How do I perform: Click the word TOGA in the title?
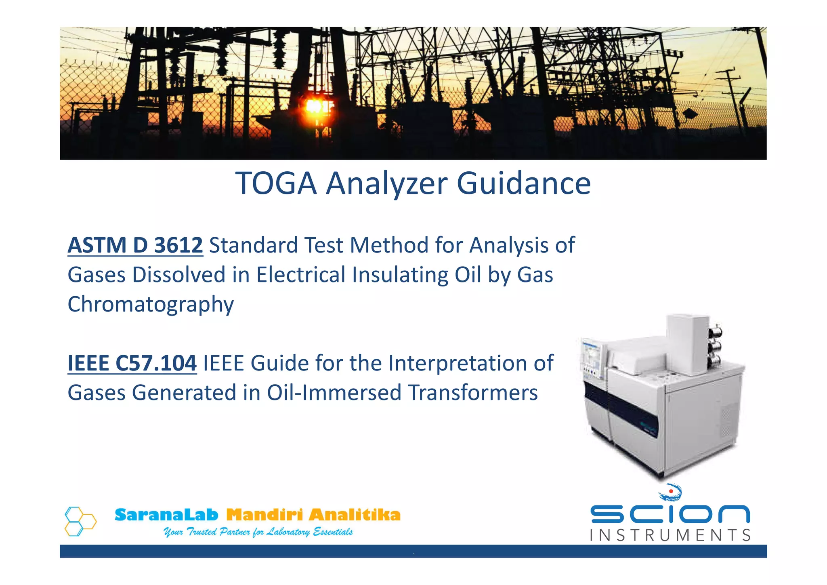click(276, 184)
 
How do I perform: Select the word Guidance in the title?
click(523, 184)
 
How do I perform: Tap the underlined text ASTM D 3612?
click(135, 245)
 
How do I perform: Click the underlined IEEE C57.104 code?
click(132, 363)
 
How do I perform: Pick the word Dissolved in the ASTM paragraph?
click(179, 275)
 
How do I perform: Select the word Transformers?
click(473, 393)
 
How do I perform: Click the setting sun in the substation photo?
click(315, 106)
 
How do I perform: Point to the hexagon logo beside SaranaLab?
click(80, 521)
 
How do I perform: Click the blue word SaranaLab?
click(166, 515)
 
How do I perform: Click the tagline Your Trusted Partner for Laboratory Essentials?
click(258, 532)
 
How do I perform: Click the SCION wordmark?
click(670, 514)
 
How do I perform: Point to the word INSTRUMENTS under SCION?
click(670, 535)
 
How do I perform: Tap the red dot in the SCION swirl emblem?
click(671, 491)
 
